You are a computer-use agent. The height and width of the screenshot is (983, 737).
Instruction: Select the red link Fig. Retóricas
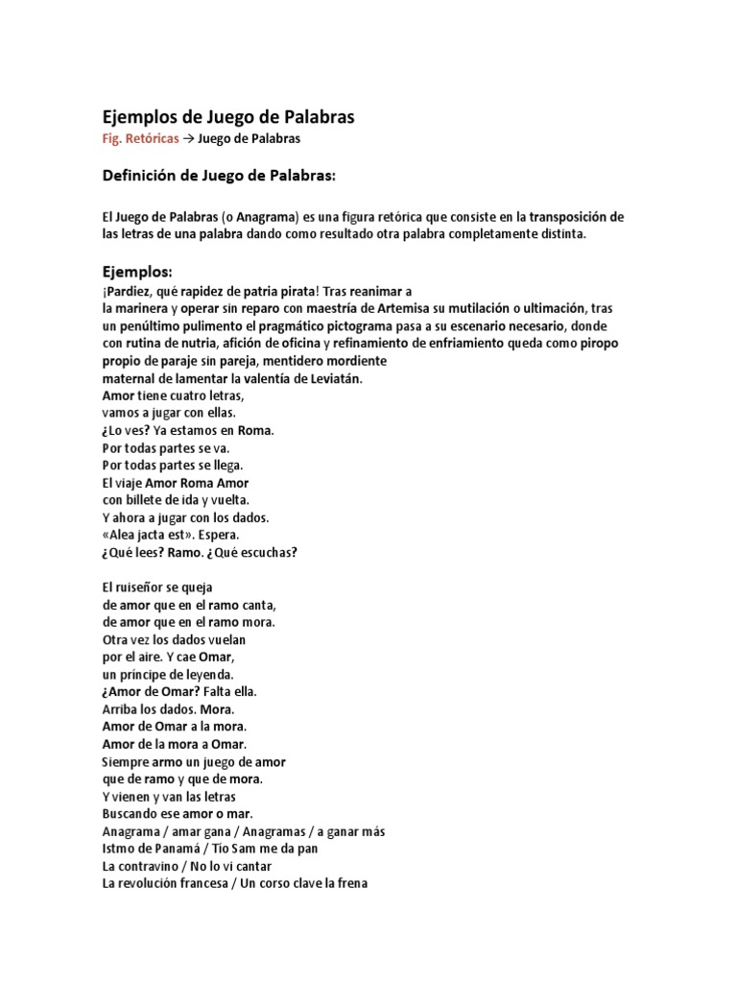140,139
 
